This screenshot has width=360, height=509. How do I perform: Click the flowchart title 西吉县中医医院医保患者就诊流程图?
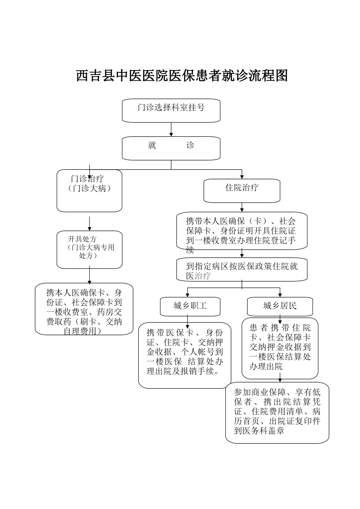click(x=182, y=75)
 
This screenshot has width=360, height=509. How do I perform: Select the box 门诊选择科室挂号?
click(x=171, y=110)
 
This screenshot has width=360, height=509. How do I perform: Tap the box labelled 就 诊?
click(x=171, y=148)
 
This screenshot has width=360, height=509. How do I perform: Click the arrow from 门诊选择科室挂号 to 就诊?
click(x=171, y=130)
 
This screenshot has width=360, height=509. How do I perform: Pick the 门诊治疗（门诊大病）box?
click(x=89, y=190)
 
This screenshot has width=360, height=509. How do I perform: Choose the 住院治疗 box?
click(x=242, y=190)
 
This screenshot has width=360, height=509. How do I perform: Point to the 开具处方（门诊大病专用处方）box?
click(x=89, y=250)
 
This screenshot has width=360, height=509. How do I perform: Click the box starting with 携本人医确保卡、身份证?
click(x=84, y=309)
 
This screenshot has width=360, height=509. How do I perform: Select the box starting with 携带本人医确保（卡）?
click(x=242, y=231)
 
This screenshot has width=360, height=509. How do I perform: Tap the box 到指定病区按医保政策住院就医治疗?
click(x=242, y=270)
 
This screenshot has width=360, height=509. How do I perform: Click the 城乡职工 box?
click(x=190, y=306)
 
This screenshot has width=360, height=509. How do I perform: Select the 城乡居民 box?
click(x=280, y=306)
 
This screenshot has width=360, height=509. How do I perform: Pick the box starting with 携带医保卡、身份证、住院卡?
click(x=185, y=355)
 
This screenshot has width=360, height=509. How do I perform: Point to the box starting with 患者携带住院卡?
click(x=280, y=348)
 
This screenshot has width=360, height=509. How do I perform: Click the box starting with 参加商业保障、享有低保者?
click(x=277, y=412)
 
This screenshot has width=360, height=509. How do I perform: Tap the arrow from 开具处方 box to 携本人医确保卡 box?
click(x=89, y=275)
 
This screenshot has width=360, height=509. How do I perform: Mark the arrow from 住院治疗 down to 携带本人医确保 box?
click(x=242, y=207)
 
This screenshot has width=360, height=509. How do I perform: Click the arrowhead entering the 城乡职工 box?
click(x=187, y=295)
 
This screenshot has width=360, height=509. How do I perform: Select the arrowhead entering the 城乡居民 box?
click(x=280, y=295)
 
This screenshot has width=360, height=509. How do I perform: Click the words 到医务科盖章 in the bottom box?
click(x=259, y=431)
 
